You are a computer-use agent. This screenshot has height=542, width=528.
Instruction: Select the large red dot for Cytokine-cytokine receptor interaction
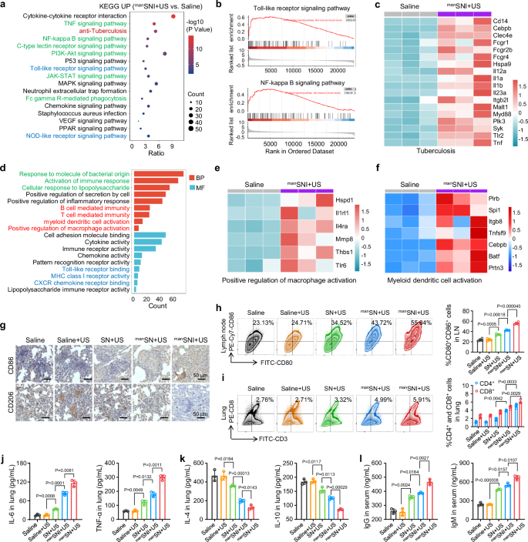172,16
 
